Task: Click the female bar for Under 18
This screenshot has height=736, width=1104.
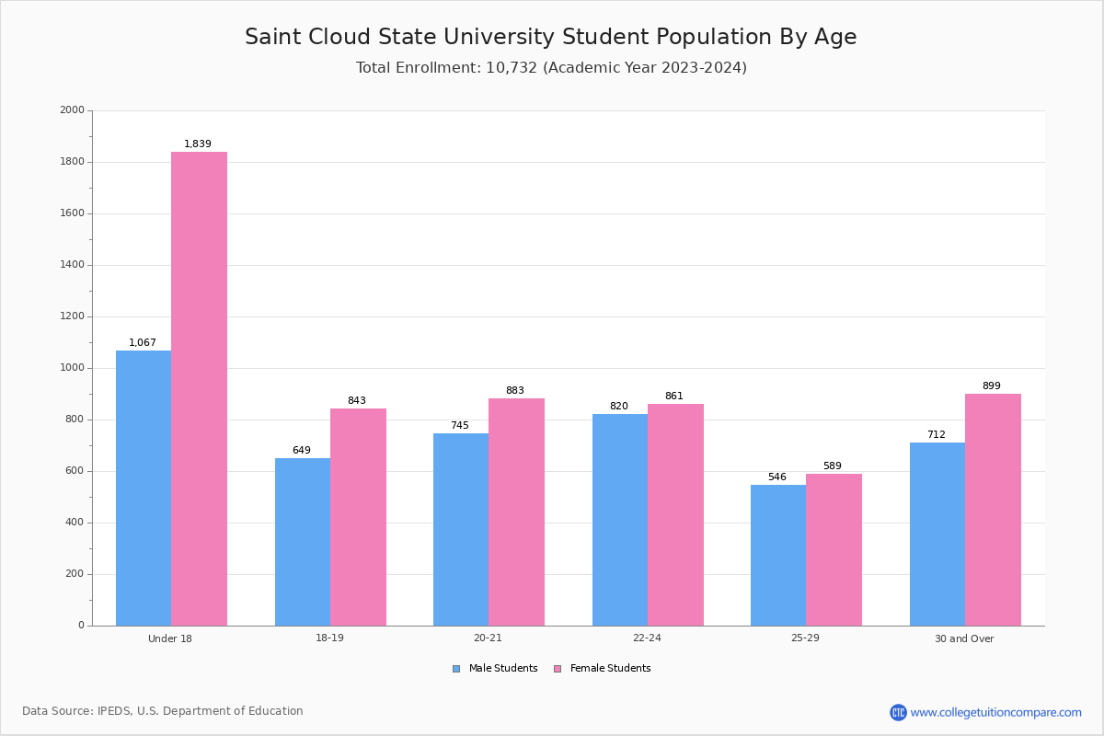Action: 199,389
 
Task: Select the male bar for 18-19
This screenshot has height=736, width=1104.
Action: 303,542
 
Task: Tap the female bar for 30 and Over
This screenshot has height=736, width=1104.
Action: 993,510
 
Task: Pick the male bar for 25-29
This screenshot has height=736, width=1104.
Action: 778,556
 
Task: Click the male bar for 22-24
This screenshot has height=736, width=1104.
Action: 620,520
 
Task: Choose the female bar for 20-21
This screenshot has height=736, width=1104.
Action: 516,512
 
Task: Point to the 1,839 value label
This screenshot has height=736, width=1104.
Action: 198,144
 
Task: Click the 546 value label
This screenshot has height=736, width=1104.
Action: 777,477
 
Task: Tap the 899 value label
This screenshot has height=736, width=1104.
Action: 992,385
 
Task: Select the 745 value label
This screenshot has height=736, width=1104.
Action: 460,425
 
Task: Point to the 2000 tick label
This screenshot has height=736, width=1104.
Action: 72,109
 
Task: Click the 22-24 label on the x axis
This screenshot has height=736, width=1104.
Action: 647,638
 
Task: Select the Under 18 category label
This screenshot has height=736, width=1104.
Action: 170,638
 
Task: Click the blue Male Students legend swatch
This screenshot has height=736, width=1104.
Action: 456,669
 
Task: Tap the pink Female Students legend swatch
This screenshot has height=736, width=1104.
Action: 558,669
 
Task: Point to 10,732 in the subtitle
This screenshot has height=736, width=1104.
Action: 512,67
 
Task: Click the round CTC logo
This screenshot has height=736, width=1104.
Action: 898,712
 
